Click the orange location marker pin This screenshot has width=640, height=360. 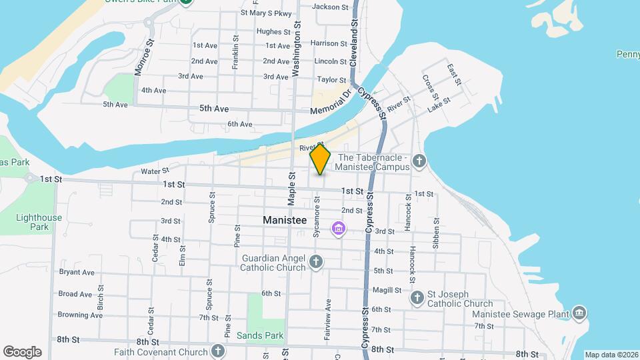(x=320, y=159)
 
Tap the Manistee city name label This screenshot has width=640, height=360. (x=284, y=219)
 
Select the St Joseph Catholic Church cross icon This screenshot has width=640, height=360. (x=417, y=297)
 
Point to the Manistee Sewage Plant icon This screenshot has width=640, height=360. (x=579, y=313)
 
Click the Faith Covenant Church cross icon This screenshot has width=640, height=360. (x=218, y=350)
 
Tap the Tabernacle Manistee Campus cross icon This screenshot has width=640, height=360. (x=419, y=160)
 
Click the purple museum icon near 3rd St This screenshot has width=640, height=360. (x=339, y=229)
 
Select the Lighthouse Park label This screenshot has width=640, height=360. (x=40, y=222)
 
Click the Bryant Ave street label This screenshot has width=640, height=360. (x=77, y=272)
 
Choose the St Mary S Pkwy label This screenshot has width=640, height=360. (x=266, y=13)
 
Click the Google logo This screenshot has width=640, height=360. (x=22, y=352)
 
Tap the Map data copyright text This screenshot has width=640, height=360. (x=611, y=355)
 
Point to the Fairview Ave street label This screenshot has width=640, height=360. (x=328, y=321)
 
